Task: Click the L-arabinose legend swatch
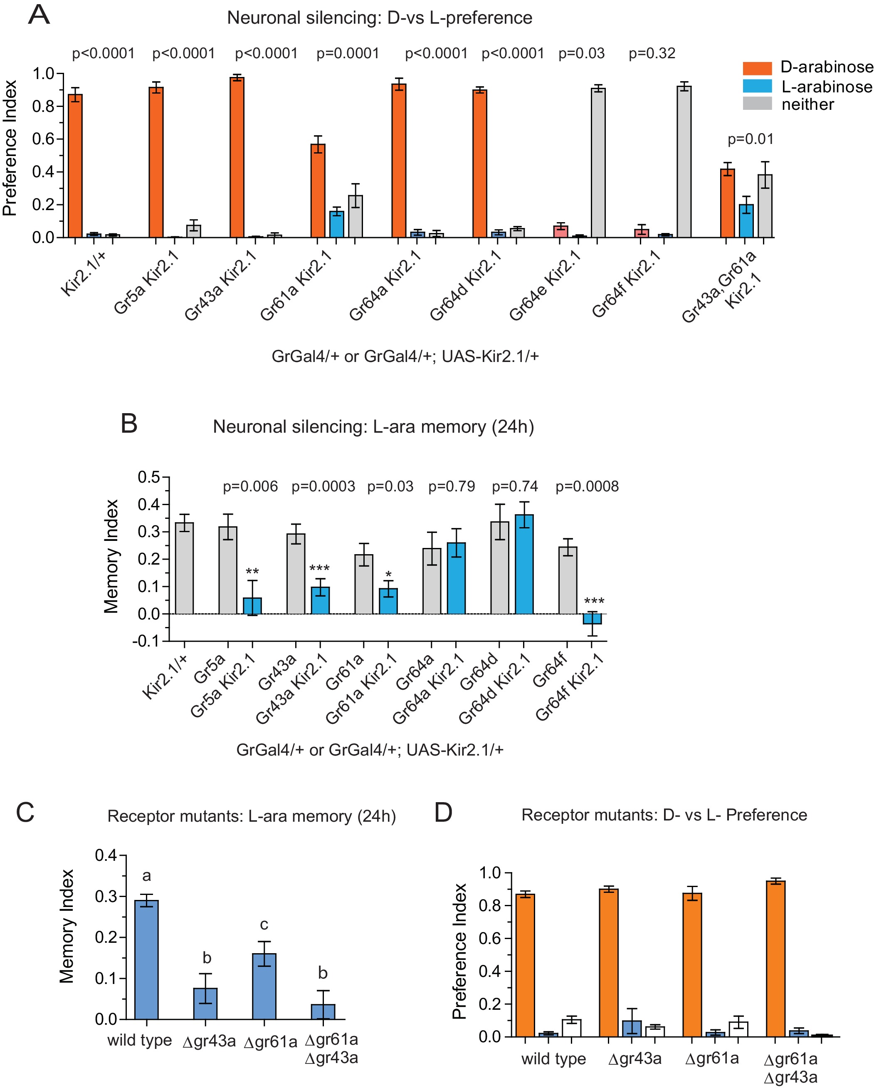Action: point(756,86)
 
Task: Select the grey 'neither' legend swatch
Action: point(756,104)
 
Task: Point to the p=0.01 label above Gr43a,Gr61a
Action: point(750,139)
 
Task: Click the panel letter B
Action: point(129,424)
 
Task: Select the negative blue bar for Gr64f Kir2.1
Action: point(592,619)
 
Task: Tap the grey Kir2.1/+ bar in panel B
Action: point(185,568)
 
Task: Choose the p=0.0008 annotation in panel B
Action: point(587,486)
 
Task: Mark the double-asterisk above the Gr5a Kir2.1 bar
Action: point(252,572)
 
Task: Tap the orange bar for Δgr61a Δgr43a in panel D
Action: point(775,959)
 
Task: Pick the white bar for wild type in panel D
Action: point(571,1028)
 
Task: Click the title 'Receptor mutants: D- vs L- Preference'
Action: point(664,815)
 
